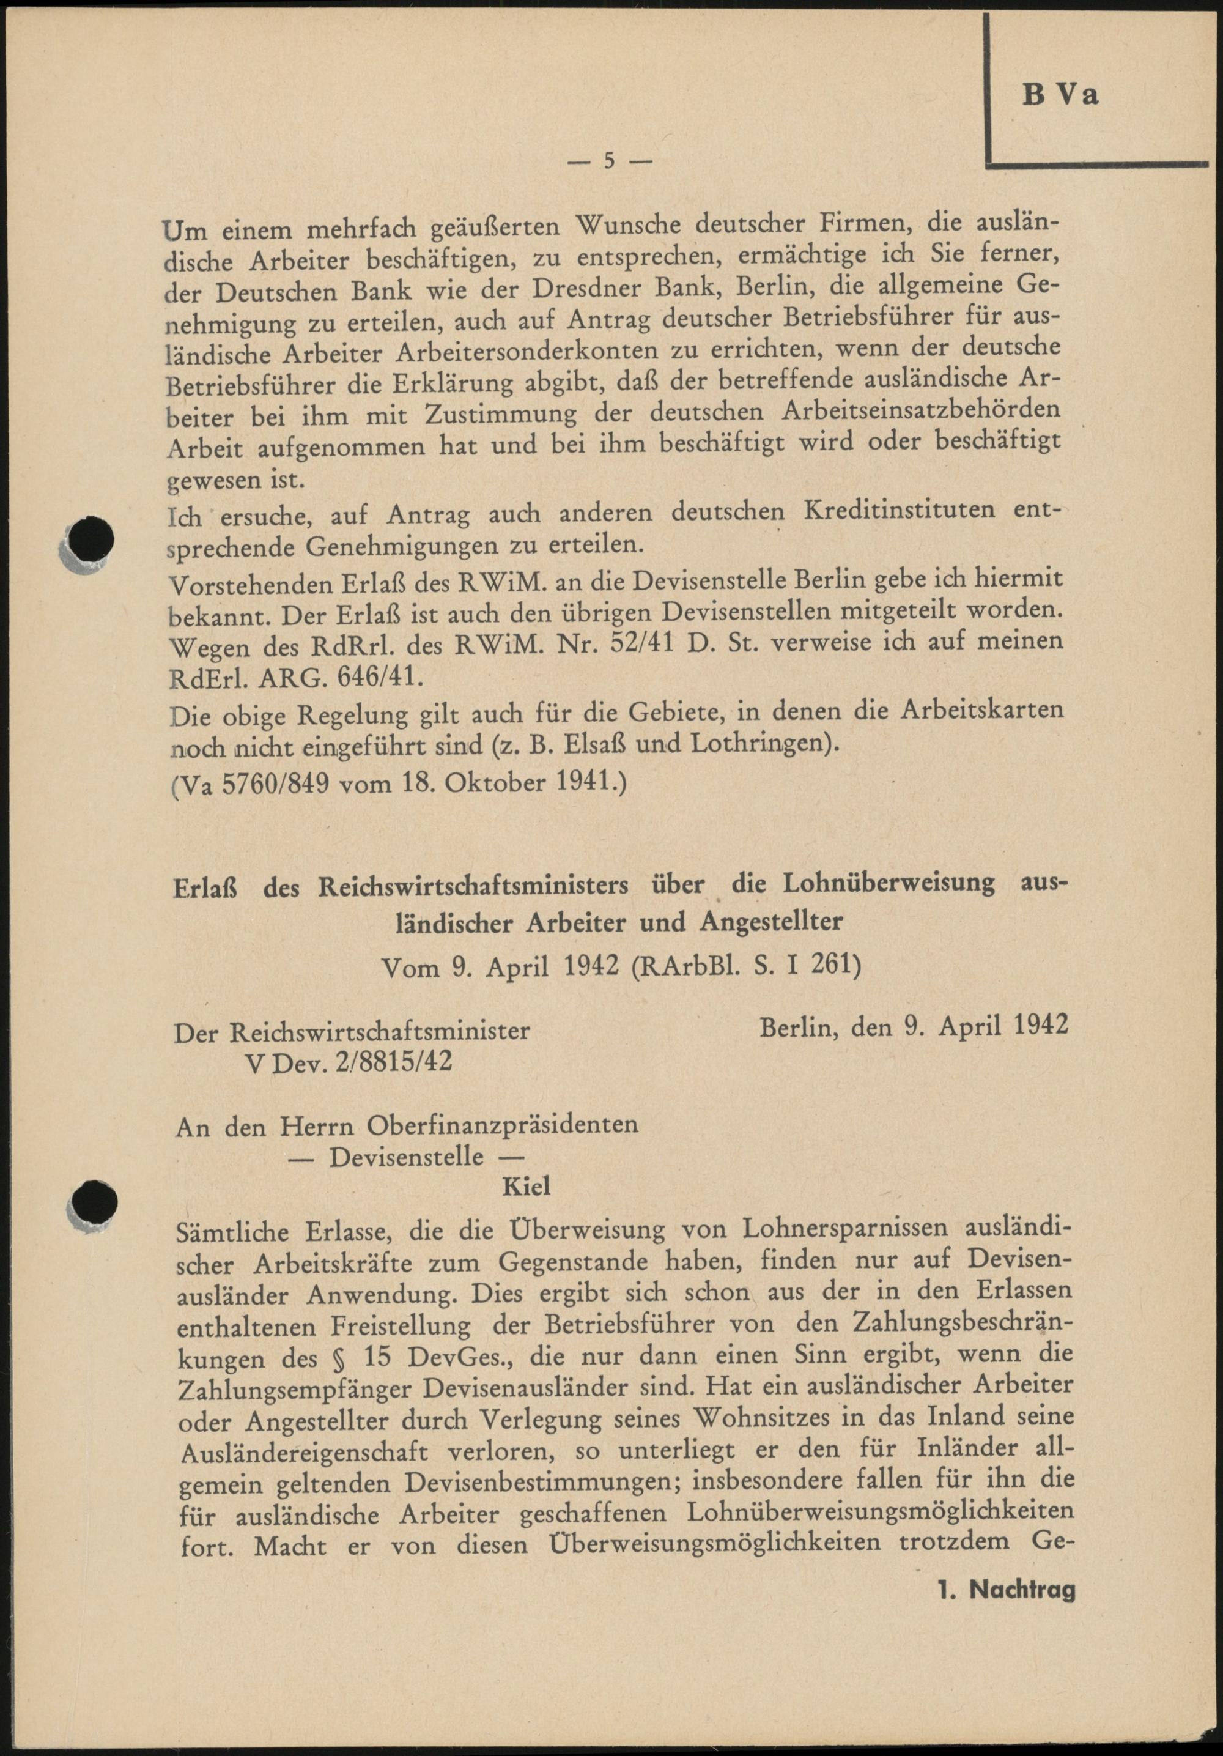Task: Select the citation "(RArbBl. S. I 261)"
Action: coord(746,968)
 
